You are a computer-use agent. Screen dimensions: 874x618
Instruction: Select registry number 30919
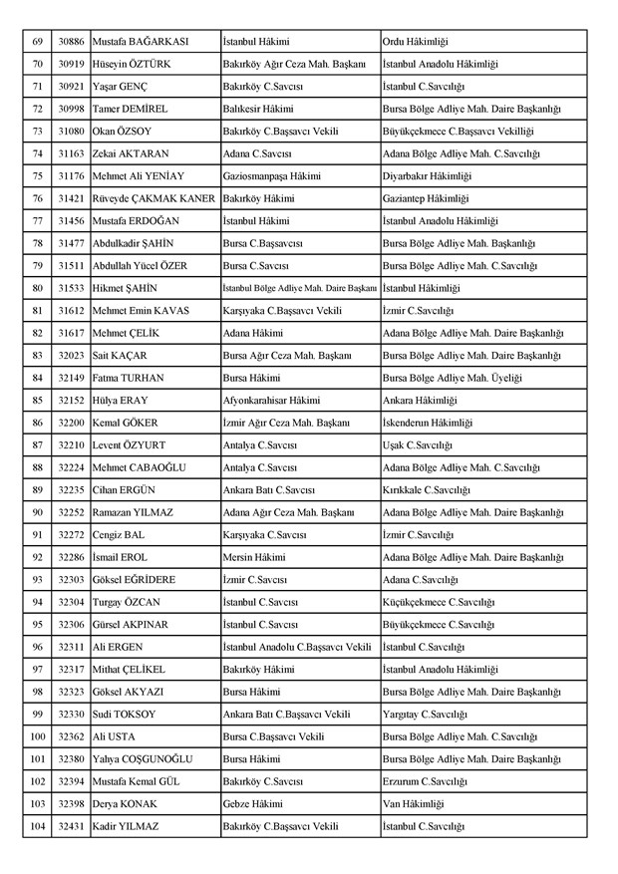70,65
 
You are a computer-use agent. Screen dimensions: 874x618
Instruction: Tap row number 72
37,109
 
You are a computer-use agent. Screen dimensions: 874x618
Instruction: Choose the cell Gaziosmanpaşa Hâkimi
272,175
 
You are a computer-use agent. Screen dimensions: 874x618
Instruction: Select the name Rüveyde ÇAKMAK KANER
154,198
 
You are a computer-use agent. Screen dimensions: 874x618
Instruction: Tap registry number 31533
70,288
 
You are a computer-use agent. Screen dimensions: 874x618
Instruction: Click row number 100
37,736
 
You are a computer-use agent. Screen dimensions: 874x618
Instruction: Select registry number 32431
70,826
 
